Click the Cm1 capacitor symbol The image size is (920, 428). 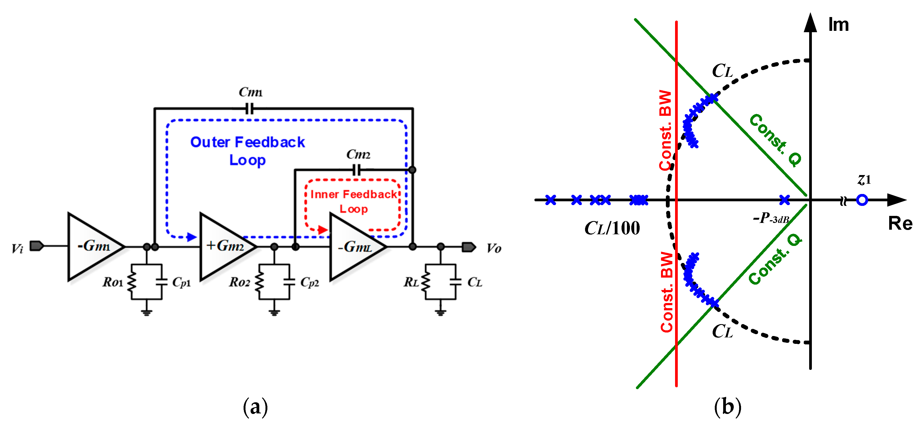coord(250,108)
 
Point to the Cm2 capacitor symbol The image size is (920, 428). coord(356,170)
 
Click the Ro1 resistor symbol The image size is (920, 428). coord(131,282)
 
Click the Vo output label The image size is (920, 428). coord(494,248)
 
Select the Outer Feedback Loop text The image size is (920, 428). coord(247,150)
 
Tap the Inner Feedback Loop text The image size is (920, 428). coord(353,201)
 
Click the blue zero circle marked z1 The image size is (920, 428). coord(862,200)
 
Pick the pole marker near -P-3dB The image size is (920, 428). coord(784,200)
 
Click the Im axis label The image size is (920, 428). coord(838,25)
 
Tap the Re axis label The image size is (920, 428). coord(900,224)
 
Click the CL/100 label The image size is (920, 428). coord(612,228)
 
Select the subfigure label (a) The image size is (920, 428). coord(255,407)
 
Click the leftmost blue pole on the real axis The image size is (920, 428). coord(551,200)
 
